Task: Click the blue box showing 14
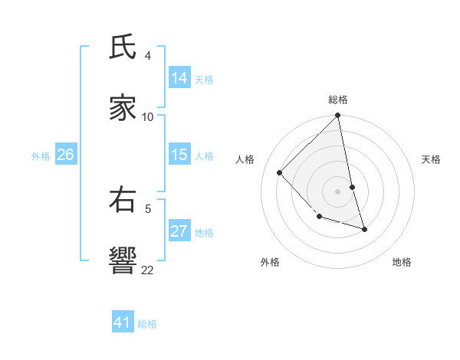[x=179, y=78]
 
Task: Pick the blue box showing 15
[x=179, y=155]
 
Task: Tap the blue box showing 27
[x=179, y=231]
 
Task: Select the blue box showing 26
[x=65, y=155]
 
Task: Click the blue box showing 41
[x=123, y=322]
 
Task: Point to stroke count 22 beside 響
[x=148, y=270]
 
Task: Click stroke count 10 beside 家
[x=148, y=116]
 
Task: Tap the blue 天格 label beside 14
[x=204, y=80]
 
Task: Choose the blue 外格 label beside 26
[x=41, y=156]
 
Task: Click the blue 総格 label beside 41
[x=147, y=324]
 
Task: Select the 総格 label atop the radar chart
[x=338, y=100]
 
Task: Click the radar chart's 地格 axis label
[x=402, y=262]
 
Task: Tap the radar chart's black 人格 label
[x=245, y=159]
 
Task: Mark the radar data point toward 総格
[x=338, y=116]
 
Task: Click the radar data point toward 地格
[x=364, y=229]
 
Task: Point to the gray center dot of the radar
[x=338, y=191]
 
